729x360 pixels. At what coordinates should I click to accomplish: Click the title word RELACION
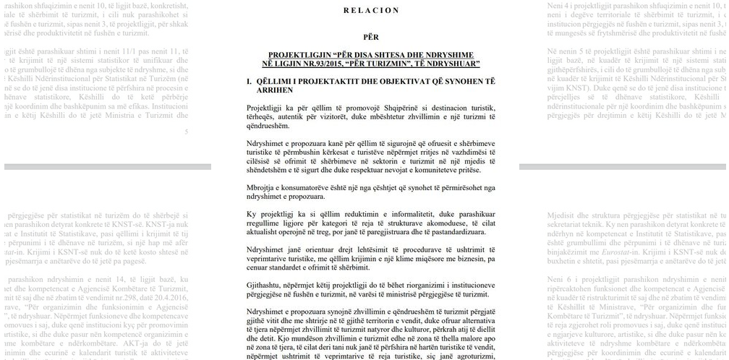[x=371, y=10]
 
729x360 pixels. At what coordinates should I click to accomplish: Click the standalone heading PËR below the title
[x=371, y=37]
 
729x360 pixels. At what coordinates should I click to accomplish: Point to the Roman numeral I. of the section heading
[x=249, y=82]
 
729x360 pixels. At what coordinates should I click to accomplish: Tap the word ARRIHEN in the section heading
[x=275, y=90]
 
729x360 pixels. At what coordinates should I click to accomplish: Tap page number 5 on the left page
[x=186, y=132]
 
